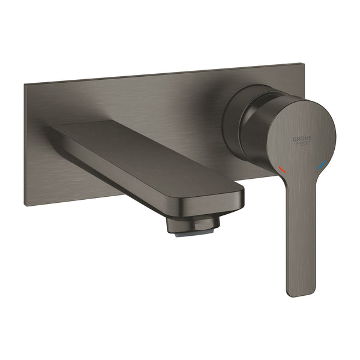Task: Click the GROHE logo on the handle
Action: [x=303, y=142]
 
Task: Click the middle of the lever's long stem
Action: [x=299, y=240]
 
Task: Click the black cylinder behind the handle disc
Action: [x=243, y=120]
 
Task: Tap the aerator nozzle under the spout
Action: [x=193, y=225]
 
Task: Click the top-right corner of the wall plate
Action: [x=298, y=64]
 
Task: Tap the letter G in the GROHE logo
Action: [x=295, y=139]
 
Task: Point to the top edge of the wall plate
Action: [x=162, y=74]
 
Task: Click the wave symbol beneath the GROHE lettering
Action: [x=304, y=145]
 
